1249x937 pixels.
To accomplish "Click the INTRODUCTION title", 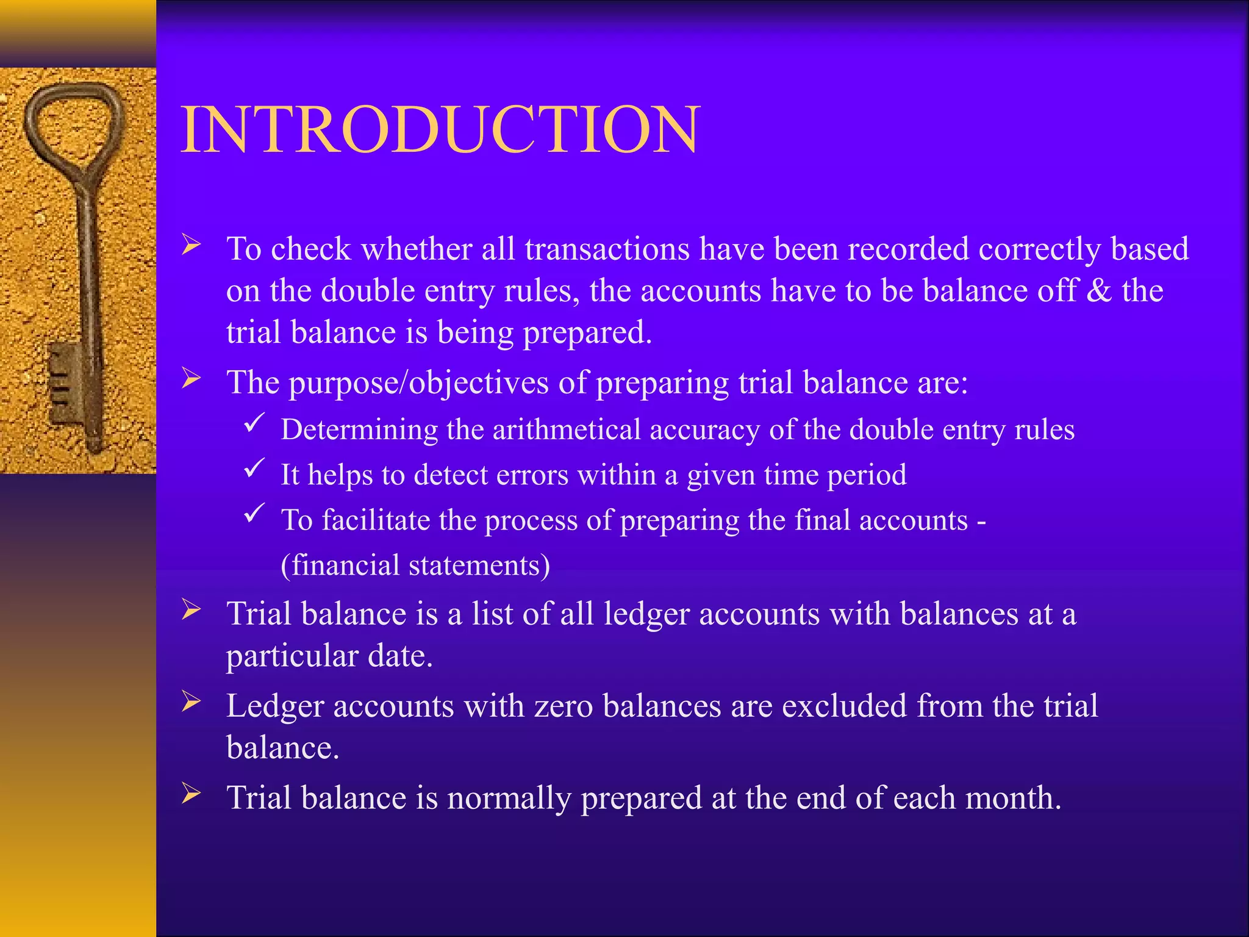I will [x=440, y=130].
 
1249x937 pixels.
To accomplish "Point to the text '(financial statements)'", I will [x=415, y=565].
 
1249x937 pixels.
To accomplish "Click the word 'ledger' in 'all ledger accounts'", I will [x=647, y=614].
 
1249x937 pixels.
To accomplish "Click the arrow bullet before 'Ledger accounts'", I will [x=191, y=702].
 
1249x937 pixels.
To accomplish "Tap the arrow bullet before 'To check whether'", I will [x=191, y=245].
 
